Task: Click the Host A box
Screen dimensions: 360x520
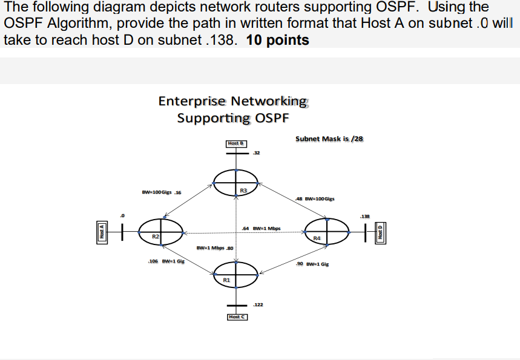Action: (102, 230)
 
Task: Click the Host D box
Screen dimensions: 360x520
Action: (381, 231)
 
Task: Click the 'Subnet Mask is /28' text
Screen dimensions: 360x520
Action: (329, 139)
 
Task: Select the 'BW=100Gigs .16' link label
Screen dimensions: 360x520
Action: (161, 192)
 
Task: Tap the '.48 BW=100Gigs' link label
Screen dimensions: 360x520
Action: (314, 198)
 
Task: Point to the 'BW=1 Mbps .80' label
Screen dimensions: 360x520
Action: (215, 248)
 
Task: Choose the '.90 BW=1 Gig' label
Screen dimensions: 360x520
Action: (312, 264)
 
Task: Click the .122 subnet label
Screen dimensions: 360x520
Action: (258, 306)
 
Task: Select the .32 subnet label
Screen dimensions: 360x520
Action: (257, 152)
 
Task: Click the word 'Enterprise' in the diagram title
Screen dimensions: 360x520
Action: (191, 101)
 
